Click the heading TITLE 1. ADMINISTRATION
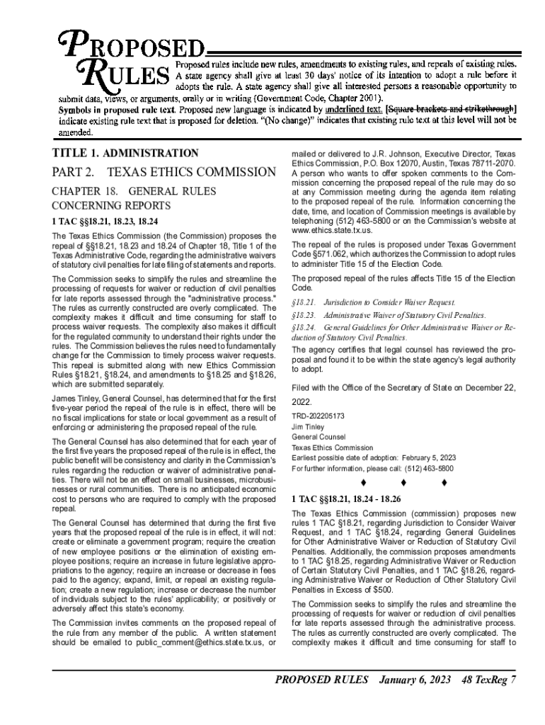(x=125, y=153)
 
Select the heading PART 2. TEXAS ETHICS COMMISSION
(x=163, y=172)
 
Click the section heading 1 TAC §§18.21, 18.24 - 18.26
(x=347, y=498)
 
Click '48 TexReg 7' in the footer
(x=489, y=681)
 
